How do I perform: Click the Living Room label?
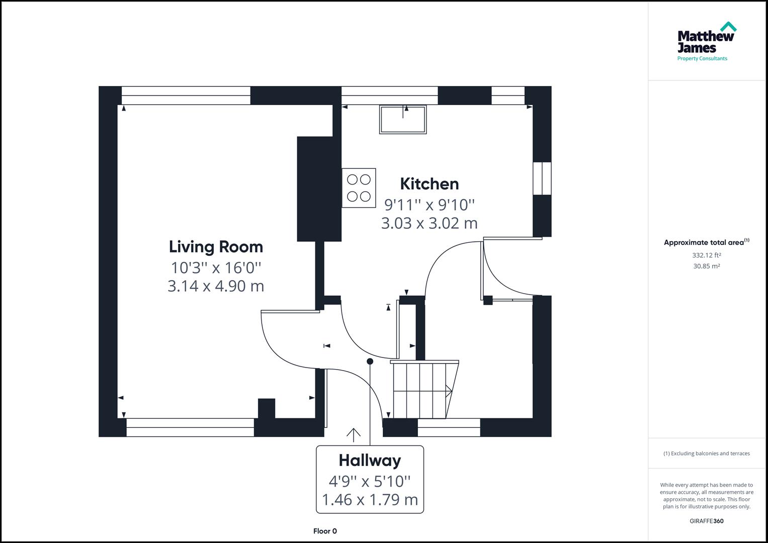tap(216, 247)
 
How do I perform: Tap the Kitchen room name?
tap(429, 184)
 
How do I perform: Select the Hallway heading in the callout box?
tap(370, 461)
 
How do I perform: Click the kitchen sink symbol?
tap(403, 120)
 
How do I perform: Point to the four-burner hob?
tap(359, 188)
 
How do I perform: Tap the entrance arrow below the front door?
tap(354, 435)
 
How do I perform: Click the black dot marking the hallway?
tap(370, 361)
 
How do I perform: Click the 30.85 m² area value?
tap(706, 266)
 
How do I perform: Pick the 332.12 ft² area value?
tap(706, 255)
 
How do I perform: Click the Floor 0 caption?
tap(325, 531)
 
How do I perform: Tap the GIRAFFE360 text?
tap(706, 521)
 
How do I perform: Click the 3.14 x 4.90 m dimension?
tap(216, 286)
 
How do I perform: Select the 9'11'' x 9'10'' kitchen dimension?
tap(429, 205)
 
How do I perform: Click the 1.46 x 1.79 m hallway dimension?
tap(370, 500)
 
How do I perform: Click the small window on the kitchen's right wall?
tap(542, 178)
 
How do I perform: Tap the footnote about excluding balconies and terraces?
tap(706, 454)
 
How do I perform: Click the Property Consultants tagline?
tap(702, 59)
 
